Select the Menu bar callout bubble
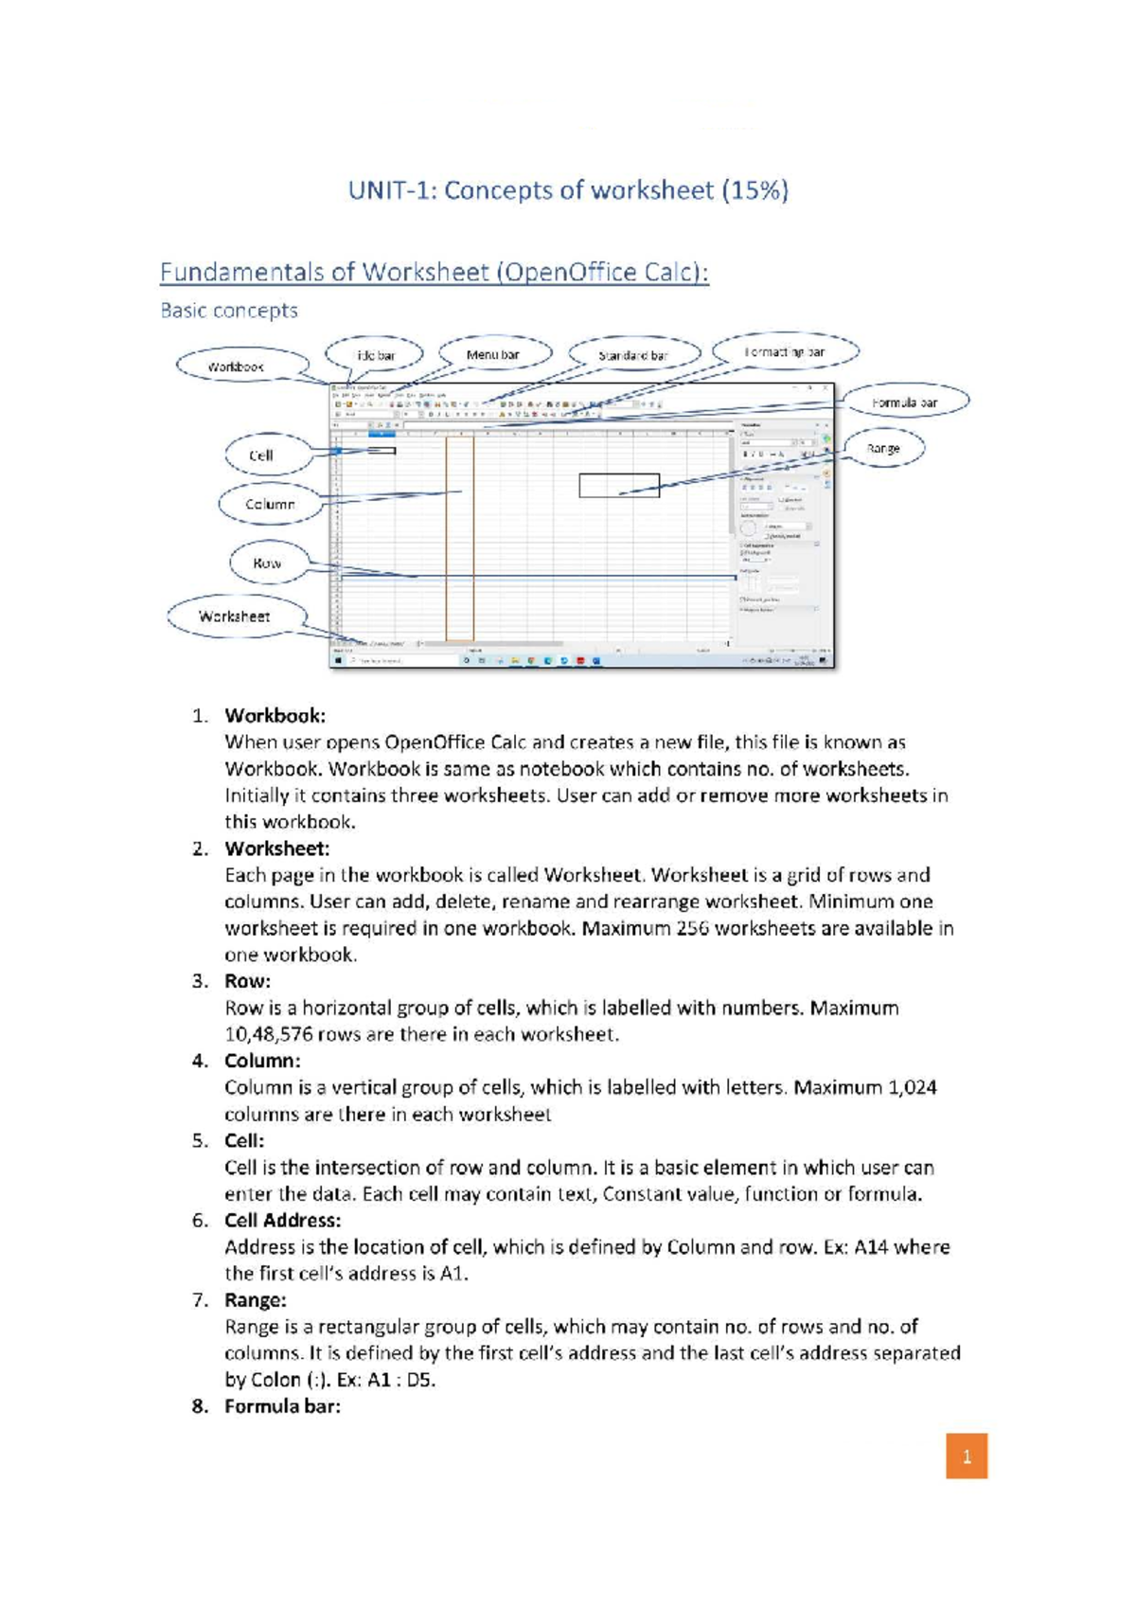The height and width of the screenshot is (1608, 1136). coord(494,354)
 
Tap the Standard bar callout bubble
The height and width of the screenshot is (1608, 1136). coord(633,355)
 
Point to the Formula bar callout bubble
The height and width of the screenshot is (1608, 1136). coord(905,402)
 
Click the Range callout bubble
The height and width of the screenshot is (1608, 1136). coord(883,448)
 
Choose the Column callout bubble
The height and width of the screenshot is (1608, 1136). coord(271,504)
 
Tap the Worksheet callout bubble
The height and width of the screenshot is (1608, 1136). coord(236,616)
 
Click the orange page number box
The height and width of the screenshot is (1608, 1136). coord(967,1456)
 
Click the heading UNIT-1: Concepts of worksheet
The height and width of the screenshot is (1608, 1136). coord(568,190)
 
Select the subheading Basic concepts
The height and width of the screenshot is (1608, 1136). coord(229,311)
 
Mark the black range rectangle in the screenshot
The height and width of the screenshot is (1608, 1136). coord(619,486)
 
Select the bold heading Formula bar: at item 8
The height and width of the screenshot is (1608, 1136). coord(282,1406)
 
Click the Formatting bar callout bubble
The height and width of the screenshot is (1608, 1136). coord(785,351)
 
